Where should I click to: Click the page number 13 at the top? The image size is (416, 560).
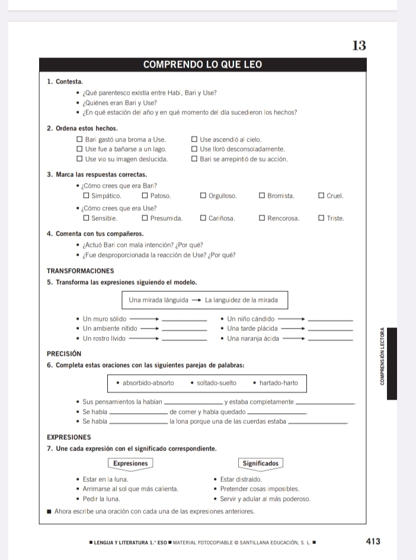pos(359,46)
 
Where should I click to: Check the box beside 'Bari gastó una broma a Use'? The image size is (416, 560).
pos(79,140)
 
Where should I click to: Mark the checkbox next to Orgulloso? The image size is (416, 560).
pos(203,195)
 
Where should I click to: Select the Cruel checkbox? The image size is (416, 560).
pos(321,195)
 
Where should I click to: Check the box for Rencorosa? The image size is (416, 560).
pos(262,218)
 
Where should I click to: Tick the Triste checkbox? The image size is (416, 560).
pos(321,218)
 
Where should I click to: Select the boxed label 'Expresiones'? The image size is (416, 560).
pos(130,463)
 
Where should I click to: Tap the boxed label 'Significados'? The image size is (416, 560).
pos(261,463)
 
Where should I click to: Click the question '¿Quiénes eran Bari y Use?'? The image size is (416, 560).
pos(123,103)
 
